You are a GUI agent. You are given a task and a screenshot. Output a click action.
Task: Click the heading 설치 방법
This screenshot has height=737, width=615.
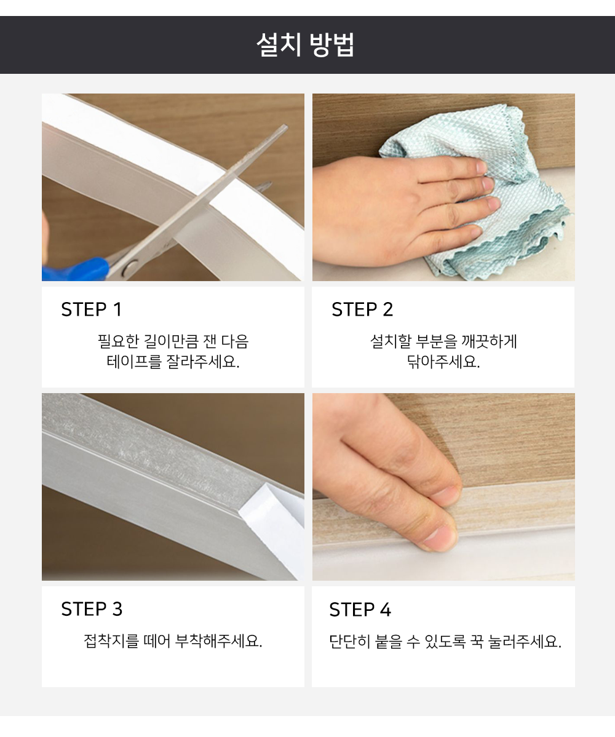tap(306, 45)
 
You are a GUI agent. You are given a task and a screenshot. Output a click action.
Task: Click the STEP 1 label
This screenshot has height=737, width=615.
tap(92, 309)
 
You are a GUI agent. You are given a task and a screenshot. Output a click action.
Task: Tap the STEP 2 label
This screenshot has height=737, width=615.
tap(362, 309)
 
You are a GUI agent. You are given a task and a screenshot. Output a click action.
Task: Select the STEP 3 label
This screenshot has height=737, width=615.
tap(92, 609)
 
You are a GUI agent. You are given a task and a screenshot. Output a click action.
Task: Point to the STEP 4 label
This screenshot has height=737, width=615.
tap(360, 610)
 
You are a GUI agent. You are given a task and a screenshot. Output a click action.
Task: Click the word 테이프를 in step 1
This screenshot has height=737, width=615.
tap(134, 362)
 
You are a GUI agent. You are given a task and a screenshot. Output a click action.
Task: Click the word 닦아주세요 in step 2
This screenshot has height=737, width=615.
tap(443, 362)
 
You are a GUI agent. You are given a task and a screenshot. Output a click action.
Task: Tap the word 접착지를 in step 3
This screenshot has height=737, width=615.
tap(111, 641)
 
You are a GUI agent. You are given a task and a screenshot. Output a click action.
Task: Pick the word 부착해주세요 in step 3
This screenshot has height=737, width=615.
tap(218, 641)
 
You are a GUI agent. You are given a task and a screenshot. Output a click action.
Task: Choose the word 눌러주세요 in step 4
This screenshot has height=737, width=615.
tap(525, 642)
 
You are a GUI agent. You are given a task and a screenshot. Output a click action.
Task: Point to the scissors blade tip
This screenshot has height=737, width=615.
tap(285, 126)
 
